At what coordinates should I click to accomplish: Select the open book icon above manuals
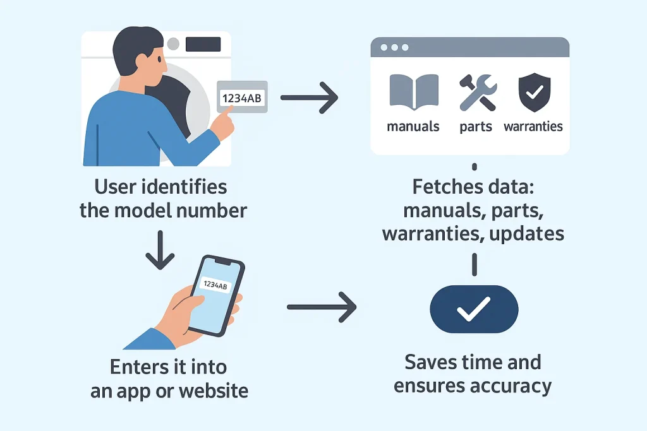(x=414, y=93)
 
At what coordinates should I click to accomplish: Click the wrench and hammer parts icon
(x=476, y=92)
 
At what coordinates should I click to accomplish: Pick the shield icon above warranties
(x=533, y=92)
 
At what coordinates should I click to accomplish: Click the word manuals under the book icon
(x=413, y=126)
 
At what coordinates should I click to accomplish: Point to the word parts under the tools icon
(x=476, y=126)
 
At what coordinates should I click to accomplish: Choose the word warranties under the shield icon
(x=533, y=126)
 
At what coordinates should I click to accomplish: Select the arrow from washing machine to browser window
(x=309, y=97)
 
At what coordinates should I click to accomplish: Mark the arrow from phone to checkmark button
(x=321, y=307)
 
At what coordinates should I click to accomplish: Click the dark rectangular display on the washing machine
(x=203, y=44)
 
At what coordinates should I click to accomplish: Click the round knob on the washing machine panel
(x=173, y=44)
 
